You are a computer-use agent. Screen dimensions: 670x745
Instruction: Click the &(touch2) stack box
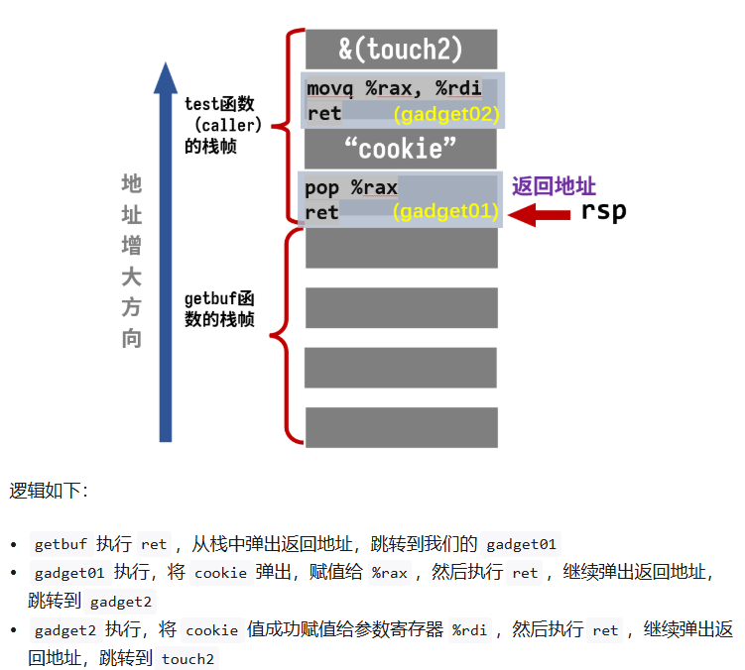point(401,49)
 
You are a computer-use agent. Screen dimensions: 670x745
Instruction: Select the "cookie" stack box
point(401,149)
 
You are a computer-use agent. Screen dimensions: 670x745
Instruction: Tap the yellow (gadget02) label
point(445,114)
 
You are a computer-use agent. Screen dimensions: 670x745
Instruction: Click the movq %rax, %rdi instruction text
point(394,88)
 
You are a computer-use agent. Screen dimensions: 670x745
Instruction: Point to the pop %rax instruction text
point(352,187)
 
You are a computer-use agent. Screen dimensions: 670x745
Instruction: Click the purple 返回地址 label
point(554,186)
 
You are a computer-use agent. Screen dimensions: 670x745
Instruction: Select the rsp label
point(603,211)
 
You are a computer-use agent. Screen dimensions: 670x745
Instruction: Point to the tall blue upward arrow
point(166,248)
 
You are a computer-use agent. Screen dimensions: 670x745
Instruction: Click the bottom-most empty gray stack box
point(401,426)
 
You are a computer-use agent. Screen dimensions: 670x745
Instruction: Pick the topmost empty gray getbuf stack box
point(401,248)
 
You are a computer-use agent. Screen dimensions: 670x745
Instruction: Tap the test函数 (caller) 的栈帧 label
point(222,125)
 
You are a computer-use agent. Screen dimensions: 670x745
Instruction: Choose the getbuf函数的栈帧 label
point(220,309)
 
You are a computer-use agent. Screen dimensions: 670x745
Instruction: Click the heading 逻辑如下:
point(49,491)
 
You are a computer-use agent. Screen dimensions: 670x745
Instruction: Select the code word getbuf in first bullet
point(62,544)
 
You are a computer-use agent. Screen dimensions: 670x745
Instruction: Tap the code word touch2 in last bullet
point(187,659)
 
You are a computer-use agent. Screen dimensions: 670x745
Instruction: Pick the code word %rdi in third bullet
point(471,630)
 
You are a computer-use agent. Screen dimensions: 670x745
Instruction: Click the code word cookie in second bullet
point(219,573)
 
